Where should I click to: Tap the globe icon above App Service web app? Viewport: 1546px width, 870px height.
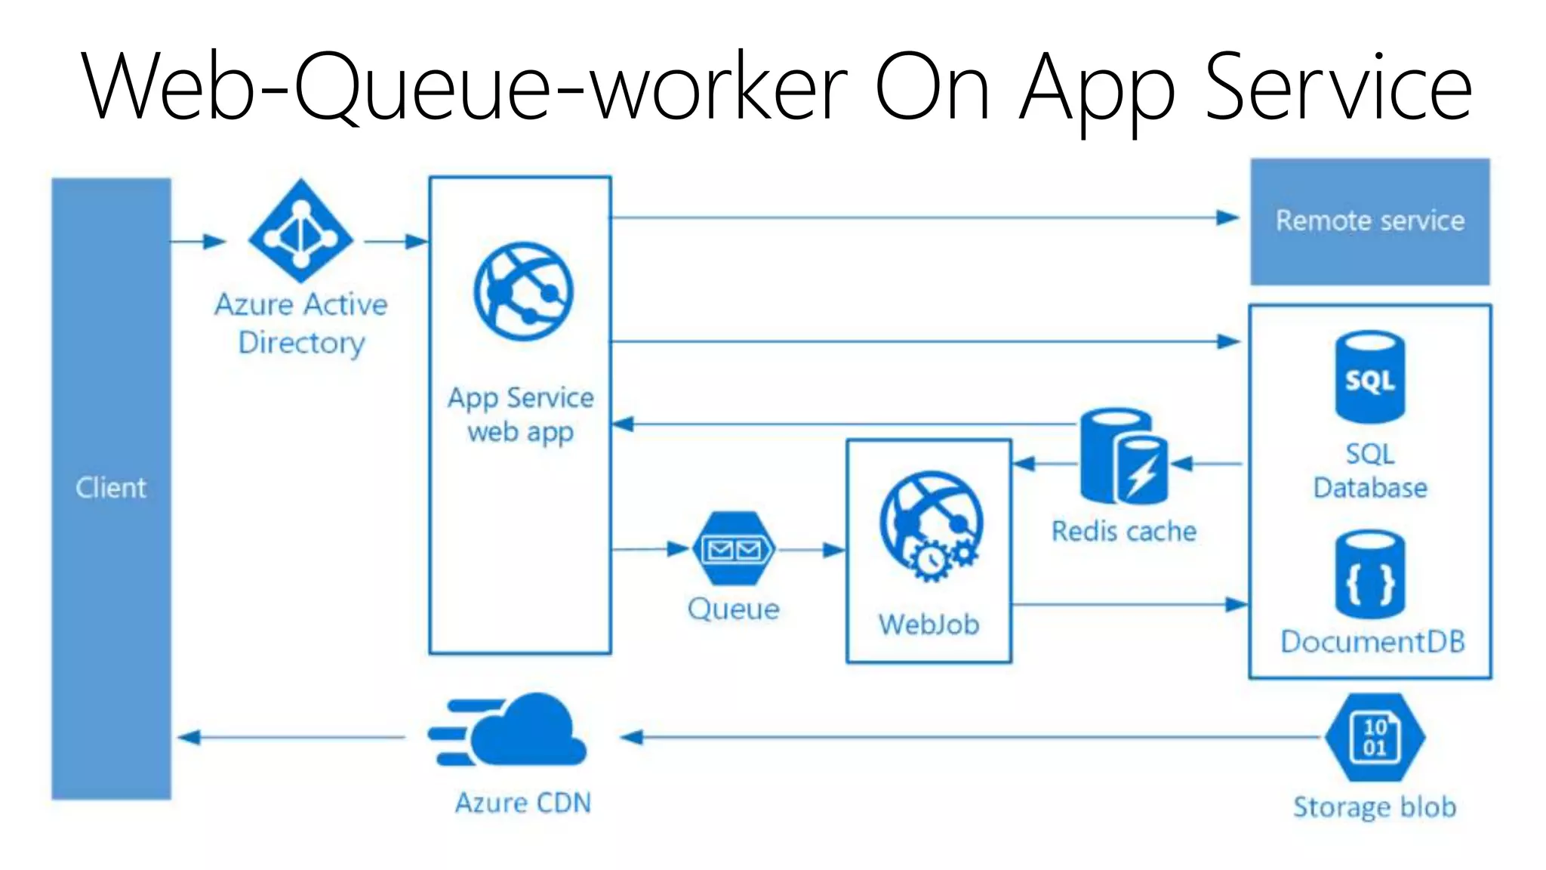point(523,291)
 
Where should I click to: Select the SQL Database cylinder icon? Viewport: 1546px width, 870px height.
point(1369,377)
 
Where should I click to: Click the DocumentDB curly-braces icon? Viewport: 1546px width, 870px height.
point(1369,575)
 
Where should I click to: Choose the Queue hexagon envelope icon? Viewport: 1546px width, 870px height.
point(733,549)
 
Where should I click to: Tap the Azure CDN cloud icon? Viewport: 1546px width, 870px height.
point(513,731)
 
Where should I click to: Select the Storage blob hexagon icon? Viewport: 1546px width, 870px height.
point(1375,737)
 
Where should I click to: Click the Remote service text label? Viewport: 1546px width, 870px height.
point(1369,221)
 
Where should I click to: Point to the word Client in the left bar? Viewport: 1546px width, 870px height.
point(111,488)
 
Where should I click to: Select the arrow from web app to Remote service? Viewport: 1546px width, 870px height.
point(921,218)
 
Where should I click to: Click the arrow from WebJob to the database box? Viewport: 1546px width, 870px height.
point(1129,604)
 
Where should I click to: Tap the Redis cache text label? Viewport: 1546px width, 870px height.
point(1124,532)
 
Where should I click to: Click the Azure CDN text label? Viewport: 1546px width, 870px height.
point(523,803)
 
